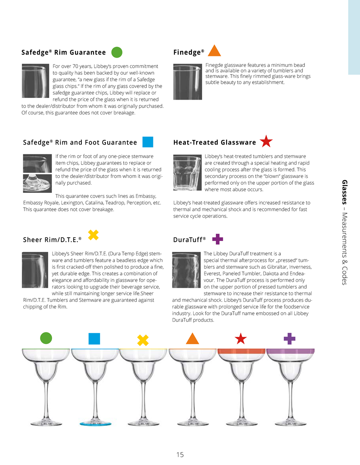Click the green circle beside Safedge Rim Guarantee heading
[x=117, y=53]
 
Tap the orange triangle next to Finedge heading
[x=215, y=51]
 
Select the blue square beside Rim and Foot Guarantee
[x=148, y=142]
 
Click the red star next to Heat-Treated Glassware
[x=266, y=142]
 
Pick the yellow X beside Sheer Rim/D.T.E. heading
[x=93, y=234]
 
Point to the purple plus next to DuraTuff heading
[x=217, y=239]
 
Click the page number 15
[x=180, y=454]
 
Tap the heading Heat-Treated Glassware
[x=215, y=142]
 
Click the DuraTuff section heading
[x=189, y=240]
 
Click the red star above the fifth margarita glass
[x=241, y=338]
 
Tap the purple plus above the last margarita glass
[x=289, y=338]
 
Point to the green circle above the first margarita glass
[x=46, y=338]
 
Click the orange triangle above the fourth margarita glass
[x=192, y=338]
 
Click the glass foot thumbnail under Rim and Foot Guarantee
[x=38, y=183]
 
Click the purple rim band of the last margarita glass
[x=290, y=351]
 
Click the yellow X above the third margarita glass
[x=143, y=340]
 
